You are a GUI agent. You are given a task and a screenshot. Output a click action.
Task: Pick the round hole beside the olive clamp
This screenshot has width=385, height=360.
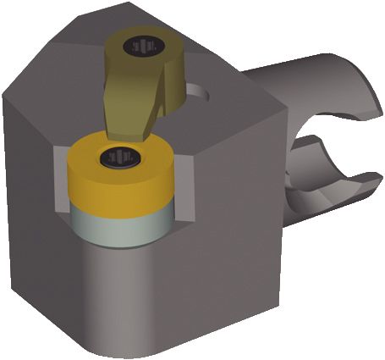click(x=196, y=90)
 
